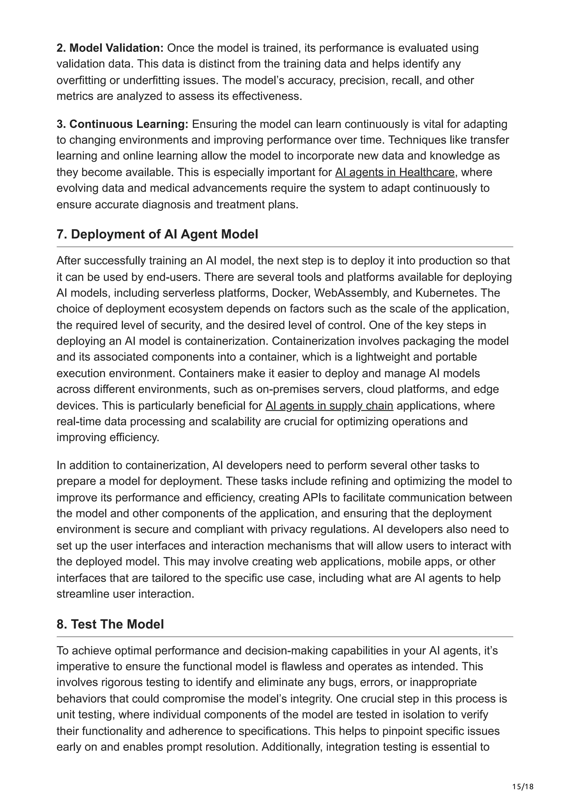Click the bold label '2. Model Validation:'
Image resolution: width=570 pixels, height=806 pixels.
pyautogui.click(x=110, y=48)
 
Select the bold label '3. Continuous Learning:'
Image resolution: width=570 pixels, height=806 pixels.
pyautogui.click(x=122, y=124)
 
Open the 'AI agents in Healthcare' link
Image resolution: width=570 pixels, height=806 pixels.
pyautogui.click(x=394, y=172)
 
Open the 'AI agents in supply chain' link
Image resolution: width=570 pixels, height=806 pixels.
pyautogui.click(x=329, y=406)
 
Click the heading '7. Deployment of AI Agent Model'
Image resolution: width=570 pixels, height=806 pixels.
pyautogui.click(x=157, y=234)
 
